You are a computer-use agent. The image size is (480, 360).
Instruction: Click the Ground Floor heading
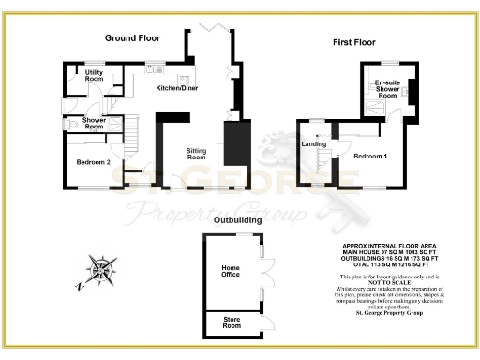pyautogui.click(x=131, y=38)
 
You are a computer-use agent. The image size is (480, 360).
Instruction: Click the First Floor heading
pyautogui.click(x=354, y=42)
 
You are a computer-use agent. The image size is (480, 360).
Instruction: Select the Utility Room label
pyautogui.click(x=94, y=75)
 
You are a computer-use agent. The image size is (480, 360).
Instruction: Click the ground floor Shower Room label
pyautogui.click(x=94, y=122)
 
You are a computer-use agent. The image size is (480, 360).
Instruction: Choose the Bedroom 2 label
pyautogui.click(x=94, y=162)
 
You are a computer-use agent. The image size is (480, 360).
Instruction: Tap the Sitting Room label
pyautogui.click(x=196, y=153)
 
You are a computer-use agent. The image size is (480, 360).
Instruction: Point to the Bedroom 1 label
pyautogui.click(x=370, y=157)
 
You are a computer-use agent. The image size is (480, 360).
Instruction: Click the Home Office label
pyautogui.click(x=231, y=273)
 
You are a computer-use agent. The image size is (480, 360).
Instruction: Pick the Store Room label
pyautogui.click(x=232, y=324)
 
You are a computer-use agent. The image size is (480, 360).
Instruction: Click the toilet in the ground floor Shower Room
pyautogui.click(x=73, y=124)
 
